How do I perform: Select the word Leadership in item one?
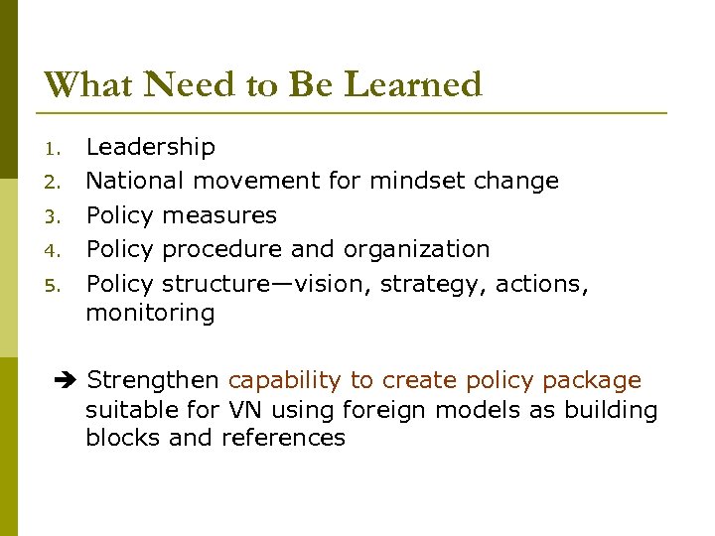click(150, 148)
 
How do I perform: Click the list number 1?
click(54, 150)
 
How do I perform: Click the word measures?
click(219, 215)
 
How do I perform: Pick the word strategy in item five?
click(434, 284)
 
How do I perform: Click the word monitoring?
click(150, 314)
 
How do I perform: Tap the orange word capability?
click(286, 381)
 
